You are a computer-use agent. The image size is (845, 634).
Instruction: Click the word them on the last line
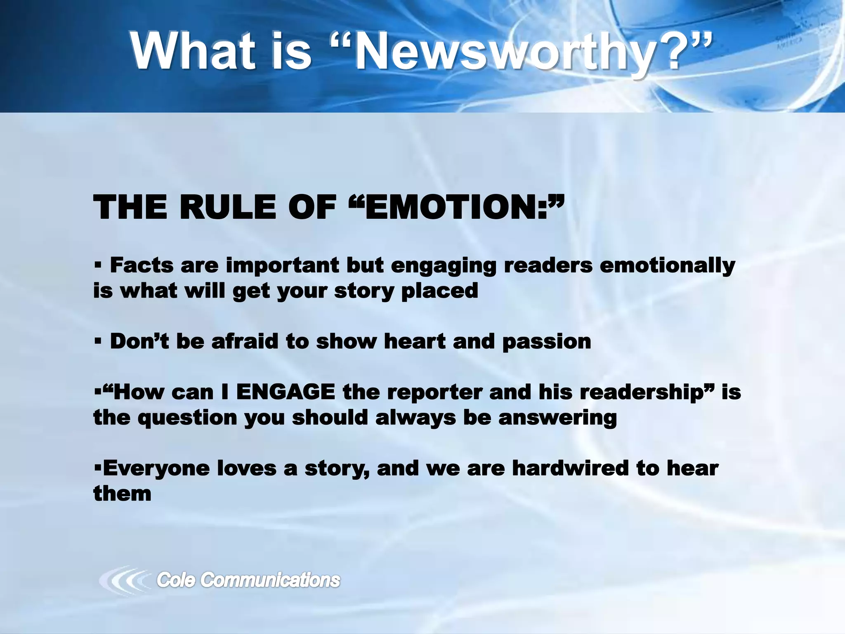coord(122,494)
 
